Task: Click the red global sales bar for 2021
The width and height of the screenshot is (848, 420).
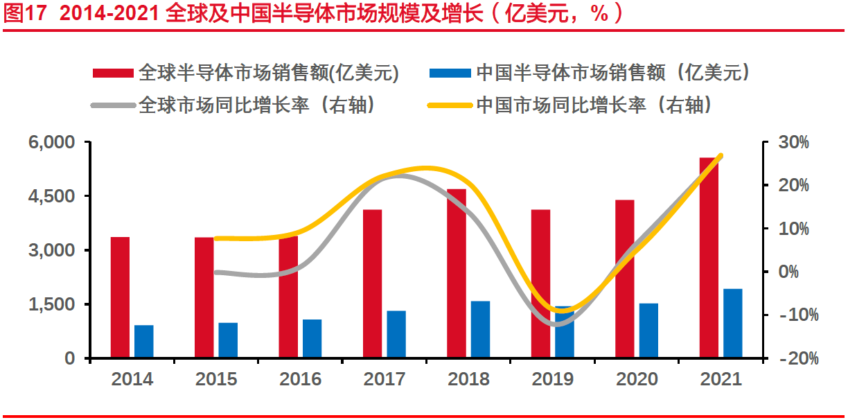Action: point(709,258)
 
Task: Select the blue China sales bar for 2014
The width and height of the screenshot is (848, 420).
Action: point(144,342)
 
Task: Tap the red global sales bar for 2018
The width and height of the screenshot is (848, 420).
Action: point(457,273)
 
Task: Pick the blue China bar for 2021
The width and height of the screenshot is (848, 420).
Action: point(733,324)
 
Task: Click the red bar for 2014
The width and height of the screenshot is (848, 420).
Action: point(120,297)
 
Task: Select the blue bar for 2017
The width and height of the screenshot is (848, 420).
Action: point(396,335)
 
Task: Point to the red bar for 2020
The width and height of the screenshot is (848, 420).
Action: point(625,279)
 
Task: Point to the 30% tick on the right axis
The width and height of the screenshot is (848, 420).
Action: point(793,142)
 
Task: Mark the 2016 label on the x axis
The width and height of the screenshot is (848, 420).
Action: point(301,379)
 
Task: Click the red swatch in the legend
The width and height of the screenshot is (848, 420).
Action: point(112,73)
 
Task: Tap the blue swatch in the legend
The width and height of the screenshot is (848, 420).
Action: point(450,73)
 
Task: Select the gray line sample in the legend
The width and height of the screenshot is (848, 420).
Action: point(112,105)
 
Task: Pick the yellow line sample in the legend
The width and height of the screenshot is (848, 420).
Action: point(450,105)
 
